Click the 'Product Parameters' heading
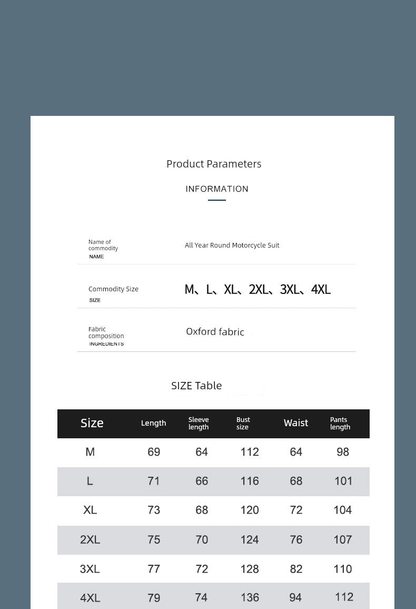point(214,164)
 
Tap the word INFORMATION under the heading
point(217,189)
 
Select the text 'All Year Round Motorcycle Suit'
point(232,245)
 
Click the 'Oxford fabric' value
point(215,332)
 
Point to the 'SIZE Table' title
point(196,386)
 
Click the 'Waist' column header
point(296,423)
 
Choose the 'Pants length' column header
point(340,424)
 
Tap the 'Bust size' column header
point(243,424)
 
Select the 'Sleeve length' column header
point(199,424)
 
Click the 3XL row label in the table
point(90,569)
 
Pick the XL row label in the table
point(90,510)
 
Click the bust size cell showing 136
point(250,597)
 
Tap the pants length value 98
point(343,452)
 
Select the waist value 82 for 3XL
point(296,569)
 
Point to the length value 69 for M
point(154,452)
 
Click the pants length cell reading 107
point(343,539)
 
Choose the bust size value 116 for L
point(250,481)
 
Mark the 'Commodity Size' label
point(113,289)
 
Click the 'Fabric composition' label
point(106,332)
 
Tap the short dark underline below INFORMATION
point(217,200)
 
